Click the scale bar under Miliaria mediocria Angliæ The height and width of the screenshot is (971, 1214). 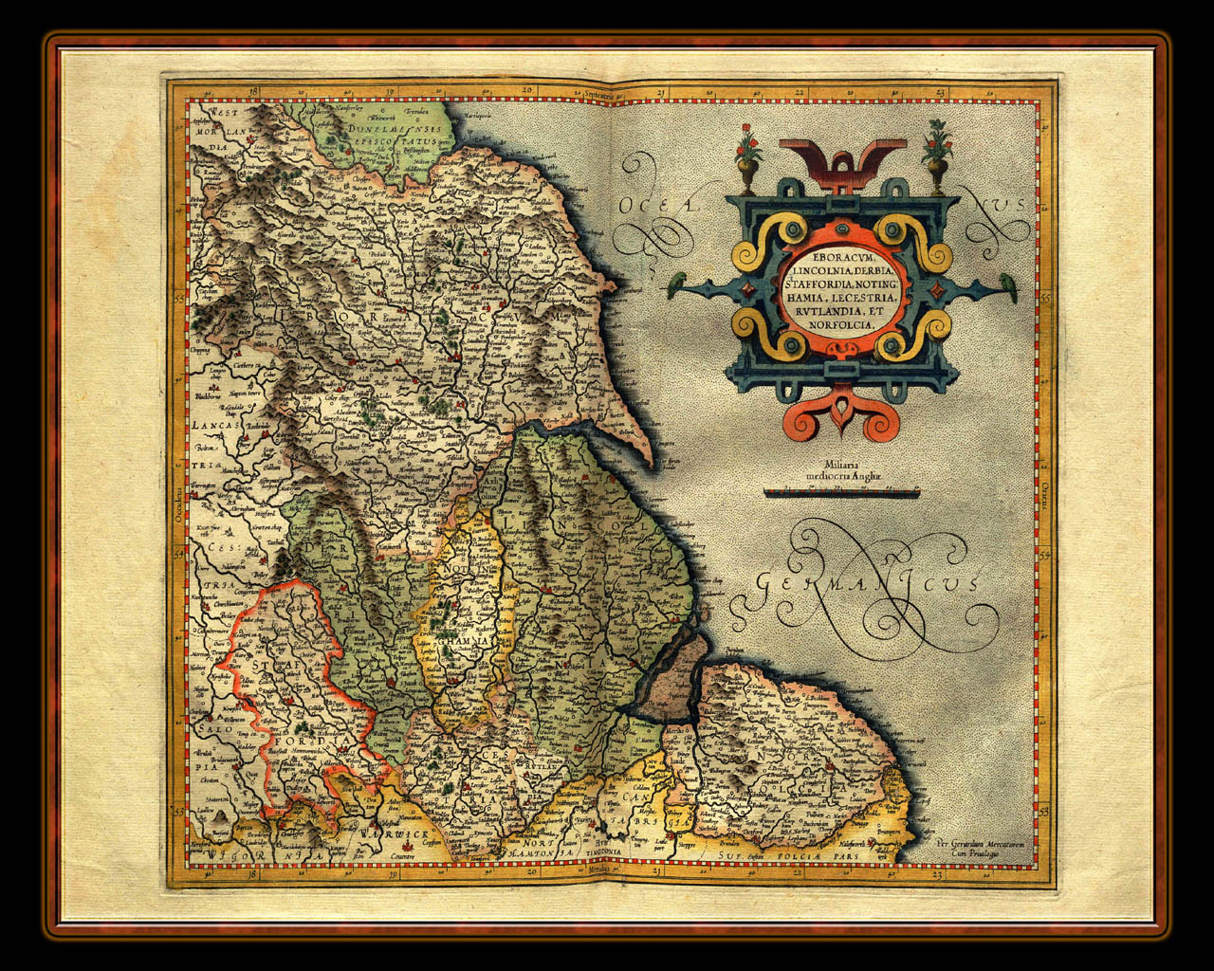coord(841,492)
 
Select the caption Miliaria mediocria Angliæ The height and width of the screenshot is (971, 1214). coord(842,470)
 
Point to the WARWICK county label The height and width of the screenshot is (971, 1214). coord(389,834)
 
